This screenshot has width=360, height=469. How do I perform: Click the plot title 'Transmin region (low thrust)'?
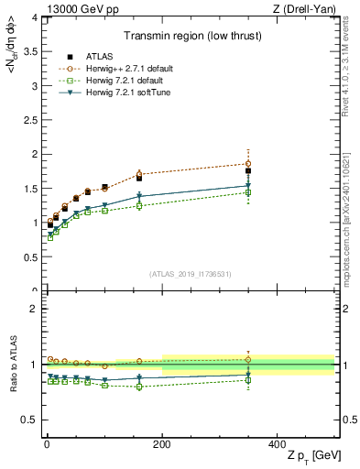click(x=190, y=38)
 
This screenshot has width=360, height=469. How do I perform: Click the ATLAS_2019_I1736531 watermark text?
click(x=190, y=274)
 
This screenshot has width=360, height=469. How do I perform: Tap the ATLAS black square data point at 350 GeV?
click(x=248, y=170)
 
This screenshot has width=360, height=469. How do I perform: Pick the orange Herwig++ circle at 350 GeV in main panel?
click(x=248, y=164)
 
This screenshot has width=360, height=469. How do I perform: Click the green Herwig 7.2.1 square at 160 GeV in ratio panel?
click(x=139, y=387)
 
